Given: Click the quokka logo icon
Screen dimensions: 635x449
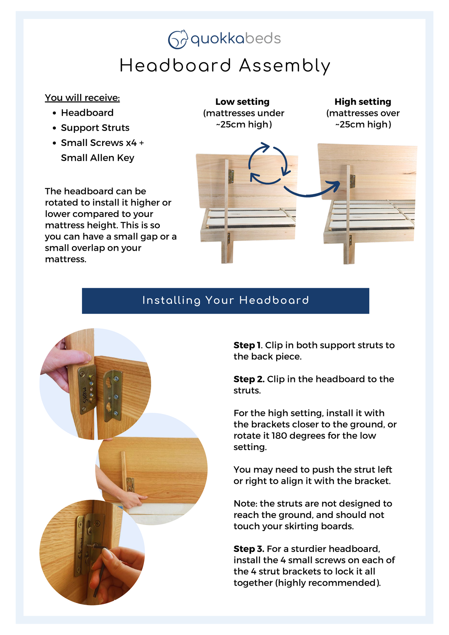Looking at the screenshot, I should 177,39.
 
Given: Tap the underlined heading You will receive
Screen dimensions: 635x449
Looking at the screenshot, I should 82,98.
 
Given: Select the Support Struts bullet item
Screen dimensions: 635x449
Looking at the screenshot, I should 95,128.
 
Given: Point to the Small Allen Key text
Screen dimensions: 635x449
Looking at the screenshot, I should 97,158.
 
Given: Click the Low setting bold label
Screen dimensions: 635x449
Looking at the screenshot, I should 242,102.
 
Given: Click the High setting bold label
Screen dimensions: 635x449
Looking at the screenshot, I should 363,102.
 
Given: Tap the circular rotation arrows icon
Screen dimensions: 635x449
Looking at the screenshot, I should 268,164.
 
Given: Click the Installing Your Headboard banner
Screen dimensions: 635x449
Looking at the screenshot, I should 225,300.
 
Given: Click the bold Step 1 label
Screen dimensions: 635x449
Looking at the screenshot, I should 247,345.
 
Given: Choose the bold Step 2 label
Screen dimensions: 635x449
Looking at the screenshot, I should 249,379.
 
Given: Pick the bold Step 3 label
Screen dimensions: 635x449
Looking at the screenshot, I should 249,549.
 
